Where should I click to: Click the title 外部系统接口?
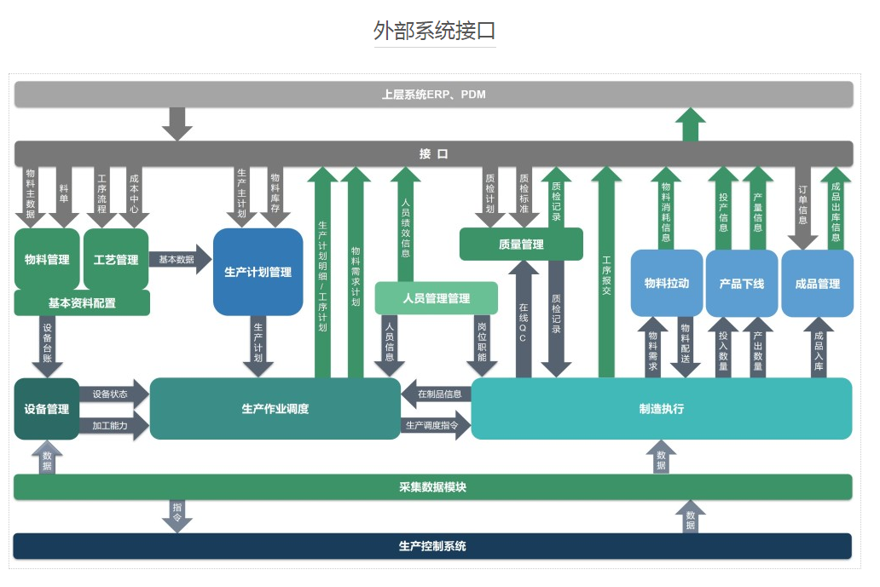tap(434, 31)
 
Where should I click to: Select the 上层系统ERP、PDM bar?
tap(433, 95)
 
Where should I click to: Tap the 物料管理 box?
tap(47, 259)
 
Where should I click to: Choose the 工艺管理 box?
tap(116, 259)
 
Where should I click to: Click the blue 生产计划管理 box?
tap(258, 272)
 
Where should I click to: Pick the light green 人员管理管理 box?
tap(436, 298)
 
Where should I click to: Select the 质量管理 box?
tap(521, 245)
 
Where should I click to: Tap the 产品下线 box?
tap(741, 283)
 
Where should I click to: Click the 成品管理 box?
tap(817, 283)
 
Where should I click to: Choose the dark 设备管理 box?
tap(46, 409)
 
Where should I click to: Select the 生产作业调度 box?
tap(275, 409)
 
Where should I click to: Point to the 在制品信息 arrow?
tap(437, 394)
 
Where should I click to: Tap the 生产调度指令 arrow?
tap(435, 424)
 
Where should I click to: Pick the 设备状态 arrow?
tap(113, 394)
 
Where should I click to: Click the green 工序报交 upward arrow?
tap(606, 273)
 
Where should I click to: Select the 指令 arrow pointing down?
tap(177, 515)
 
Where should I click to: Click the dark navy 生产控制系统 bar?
tap(433, 546)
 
